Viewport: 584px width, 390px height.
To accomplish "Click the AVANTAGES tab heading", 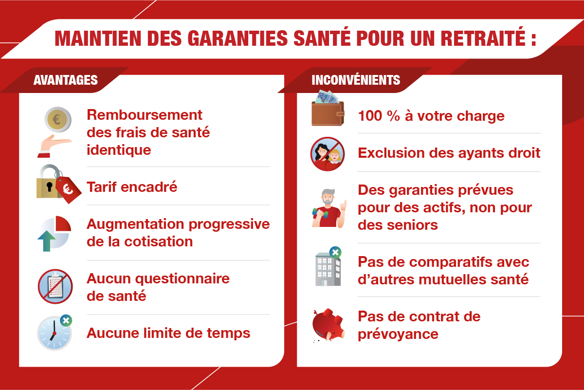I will click(66, 80).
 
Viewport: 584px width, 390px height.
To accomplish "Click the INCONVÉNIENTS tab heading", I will click(356, 80).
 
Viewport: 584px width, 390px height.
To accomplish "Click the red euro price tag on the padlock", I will click(69, 189).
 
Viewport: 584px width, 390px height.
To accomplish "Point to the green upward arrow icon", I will click(46, 241).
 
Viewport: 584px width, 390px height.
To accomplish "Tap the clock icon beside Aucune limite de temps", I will click(54, 334).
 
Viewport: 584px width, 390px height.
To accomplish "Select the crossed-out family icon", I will click(328, 153).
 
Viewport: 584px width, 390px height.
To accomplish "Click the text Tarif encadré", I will click(132, 187).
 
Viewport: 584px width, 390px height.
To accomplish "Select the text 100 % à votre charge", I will click(431, 116).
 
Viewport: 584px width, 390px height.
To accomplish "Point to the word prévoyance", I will click(398, 334).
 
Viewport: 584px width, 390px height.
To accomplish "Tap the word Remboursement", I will click(144, 115).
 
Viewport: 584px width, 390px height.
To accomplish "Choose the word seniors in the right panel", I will click(411, 225).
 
